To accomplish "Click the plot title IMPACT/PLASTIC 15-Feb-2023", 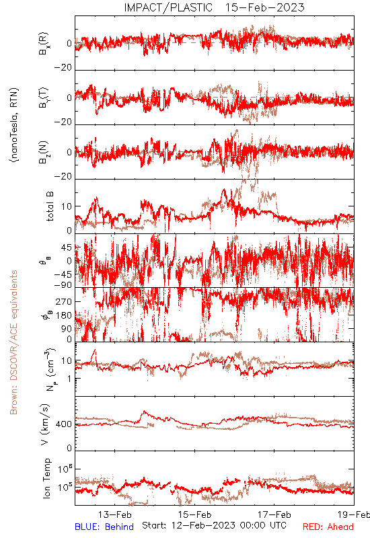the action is pos(214,7).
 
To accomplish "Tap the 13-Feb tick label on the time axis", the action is pos(114,514).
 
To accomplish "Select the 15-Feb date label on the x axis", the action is pos(194,514).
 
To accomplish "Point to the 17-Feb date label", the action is pos(274,514).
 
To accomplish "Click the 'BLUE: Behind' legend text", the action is pos(104,527).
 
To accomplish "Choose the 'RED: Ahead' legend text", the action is pos(328,527).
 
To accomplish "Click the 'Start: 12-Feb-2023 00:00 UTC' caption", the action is pos(214,525).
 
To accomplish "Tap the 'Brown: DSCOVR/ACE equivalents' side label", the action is pos(13,342).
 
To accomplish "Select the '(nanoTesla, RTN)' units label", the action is pos(14,125).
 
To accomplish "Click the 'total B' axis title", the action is pos(49,206).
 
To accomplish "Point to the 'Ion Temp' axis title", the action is pos(46,478).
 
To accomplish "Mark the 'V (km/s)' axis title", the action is pos(45,424).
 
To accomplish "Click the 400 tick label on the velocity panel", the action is pos(64,424).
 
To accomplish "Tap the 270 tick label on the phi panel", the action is pos(64,301).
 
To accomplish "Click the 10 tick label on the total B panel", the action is pos(67,206).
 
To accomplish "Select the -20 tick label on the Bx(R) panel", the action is pos(63,68).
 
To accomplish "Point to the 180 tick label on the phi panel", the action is pos(64,315).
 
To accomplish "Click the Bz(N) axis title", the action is pos(44,153).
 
